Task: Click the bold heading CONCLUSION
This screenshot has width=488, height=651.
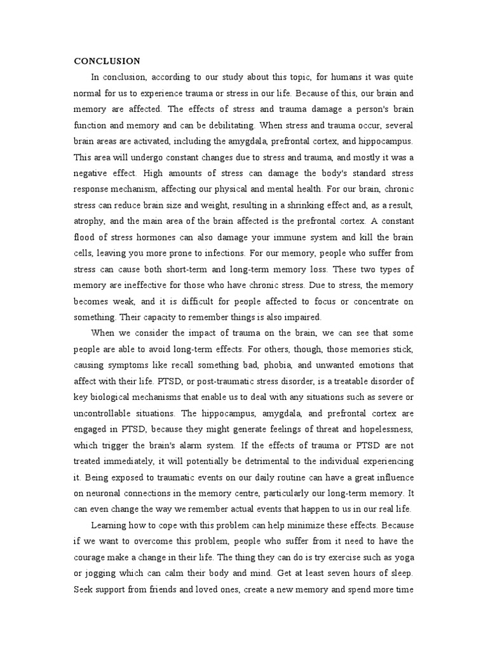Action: pos(107,62)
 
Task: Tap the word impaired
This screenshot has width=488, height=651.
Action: pos(304,317)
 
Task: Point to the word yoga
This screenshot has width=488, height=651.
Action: pos(402,557)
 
